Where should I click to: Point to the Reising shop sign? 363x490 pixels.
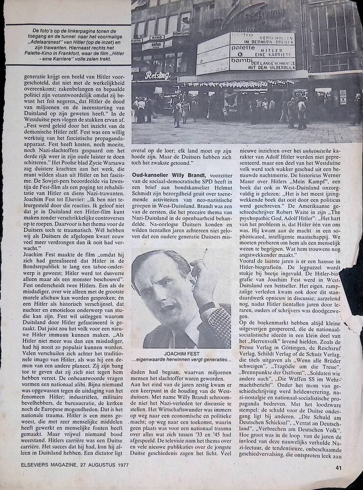click(x=157, y=75)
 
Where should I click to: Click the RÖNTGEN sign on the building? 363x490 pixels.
click(x=181, y=33)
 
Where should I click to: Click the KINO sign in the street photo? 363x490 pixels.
click(x=157, y=37)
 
